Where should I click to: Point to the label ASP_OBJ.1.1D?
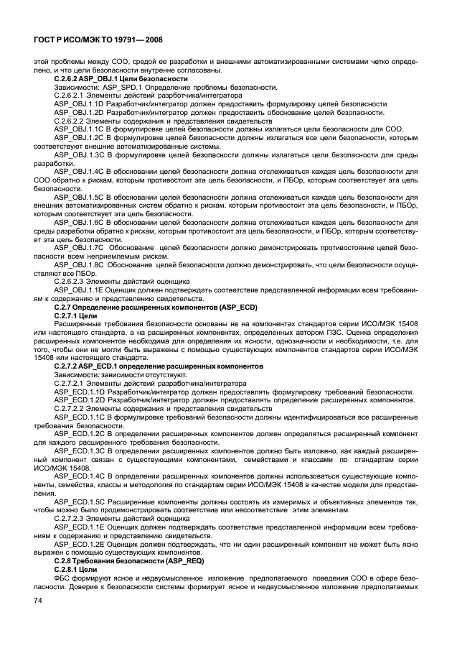pos(79,103)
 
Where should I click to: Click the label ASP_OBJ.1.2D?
pos(79,112)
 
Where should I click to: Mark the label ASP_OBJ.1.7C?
pos(79,246)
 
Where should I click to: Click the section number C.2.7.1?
pos(65,315)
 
